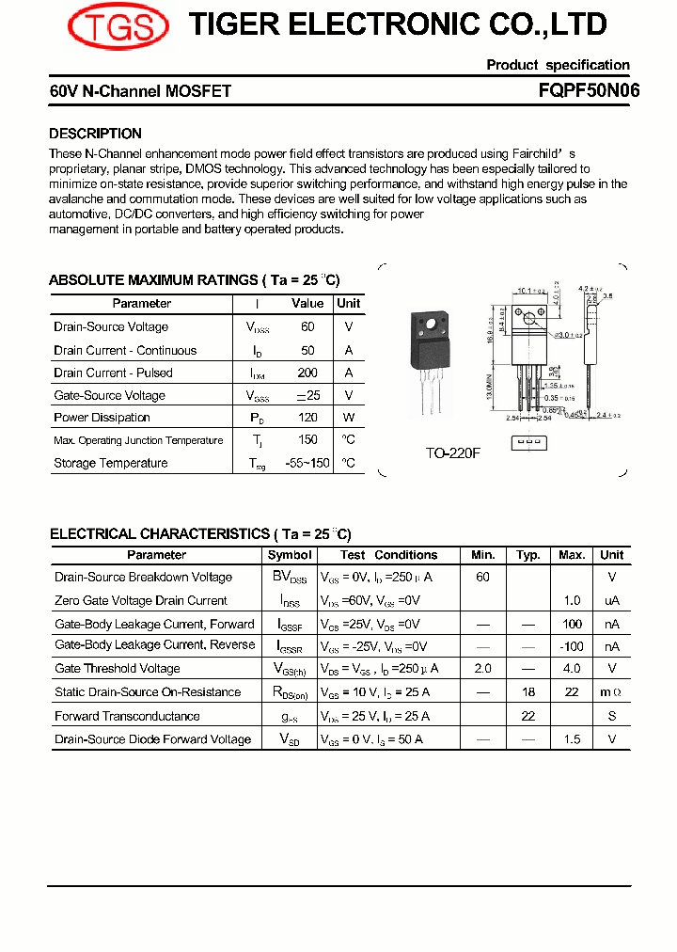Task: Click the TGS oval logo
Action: (x=118, y=25)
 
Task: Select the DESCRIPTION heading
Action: (x=95, y=134)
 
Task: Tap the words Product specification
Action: (x=558, y=65)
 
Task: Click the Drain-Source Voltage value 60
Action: (x=307, y=327)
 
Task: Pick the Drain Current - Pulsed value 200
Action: (x=307, y=373)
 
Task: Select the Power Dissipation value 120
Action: (x=307, y=418)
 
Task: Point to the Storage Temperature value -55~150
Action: (x=307, y=463)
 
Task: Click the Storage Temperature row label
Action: (x=110, y=463)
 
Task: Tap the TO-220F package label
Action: (x=452, y=452)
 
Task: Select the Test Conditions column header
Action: (x=390, y=555)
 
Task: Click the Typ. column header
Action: (x=528, y=555)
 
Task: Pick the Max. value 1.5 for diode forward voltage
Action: (x=572, y=739)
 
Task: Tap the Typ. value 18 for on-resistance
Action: (x=528, y=692)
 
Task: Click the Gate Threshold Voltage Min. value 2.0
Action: (x=482, y=669)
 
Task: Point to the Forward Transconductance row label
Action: (x=127, y=716)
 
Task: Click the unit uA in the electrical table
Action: (x=612, y=601)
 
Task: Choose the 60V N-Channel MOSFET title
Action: (x=140, y=91)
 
